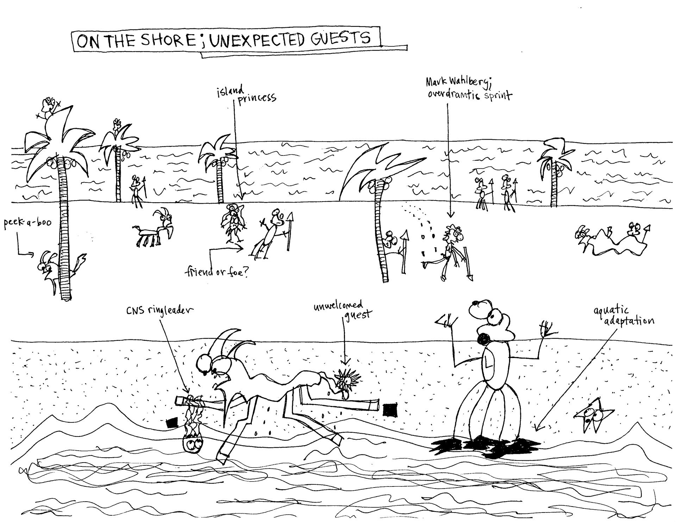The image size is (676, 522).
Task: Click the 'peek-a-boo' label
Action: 27,223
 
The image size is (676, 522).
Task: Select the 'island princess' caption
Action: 246,94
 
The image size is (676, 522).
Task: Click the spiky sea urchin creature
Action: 347,380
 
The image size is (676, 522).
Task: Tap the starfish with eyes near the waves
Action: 594,416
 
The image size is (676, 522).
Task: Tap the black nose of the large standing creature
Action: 483,340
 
